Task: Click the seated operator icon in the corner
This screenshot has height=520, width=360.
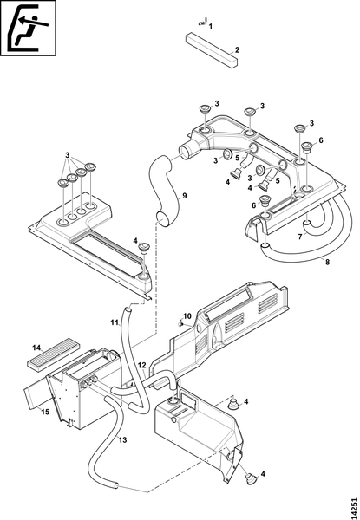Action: (28, 28)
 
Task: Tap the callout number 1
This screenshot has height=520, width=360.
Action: (211, 27)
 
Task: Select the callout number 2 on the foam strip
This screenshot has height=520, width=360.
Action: (237, 50)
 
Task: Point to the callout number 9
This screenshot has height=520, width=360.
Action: (184, 196)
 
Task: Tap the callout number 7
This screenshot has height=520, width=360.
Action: (300, 237)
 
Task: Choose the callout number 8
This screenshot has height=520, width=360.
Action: (327, 263)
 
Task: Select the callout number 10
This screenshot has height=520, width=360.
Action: (187, 316)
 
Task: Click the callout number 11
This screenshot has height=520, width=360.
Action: (115, 322)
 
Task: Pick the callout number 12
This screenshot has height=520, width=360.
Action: (141, 365)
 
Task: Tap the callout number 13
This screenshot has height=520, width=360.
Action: (122, 439)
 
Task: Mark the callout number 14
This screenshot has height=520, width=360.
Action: (36, 348)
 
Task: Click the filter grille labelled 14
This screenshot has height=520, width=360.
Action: (53, 354)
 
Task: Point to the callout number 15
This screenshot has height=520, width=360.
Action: (45, 412)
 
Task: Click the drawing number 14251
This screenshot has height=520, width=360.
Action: (354, 506)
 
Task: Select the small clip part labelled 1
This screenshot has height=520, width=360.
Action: (202, 23)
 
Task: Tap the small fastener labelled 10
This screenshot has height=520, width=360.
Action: (180, 322)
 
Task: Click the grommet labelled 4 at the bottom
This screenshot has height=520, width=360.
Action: (251, 479)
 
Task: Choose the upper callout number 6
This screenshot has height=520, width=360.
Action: (320, 140)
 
